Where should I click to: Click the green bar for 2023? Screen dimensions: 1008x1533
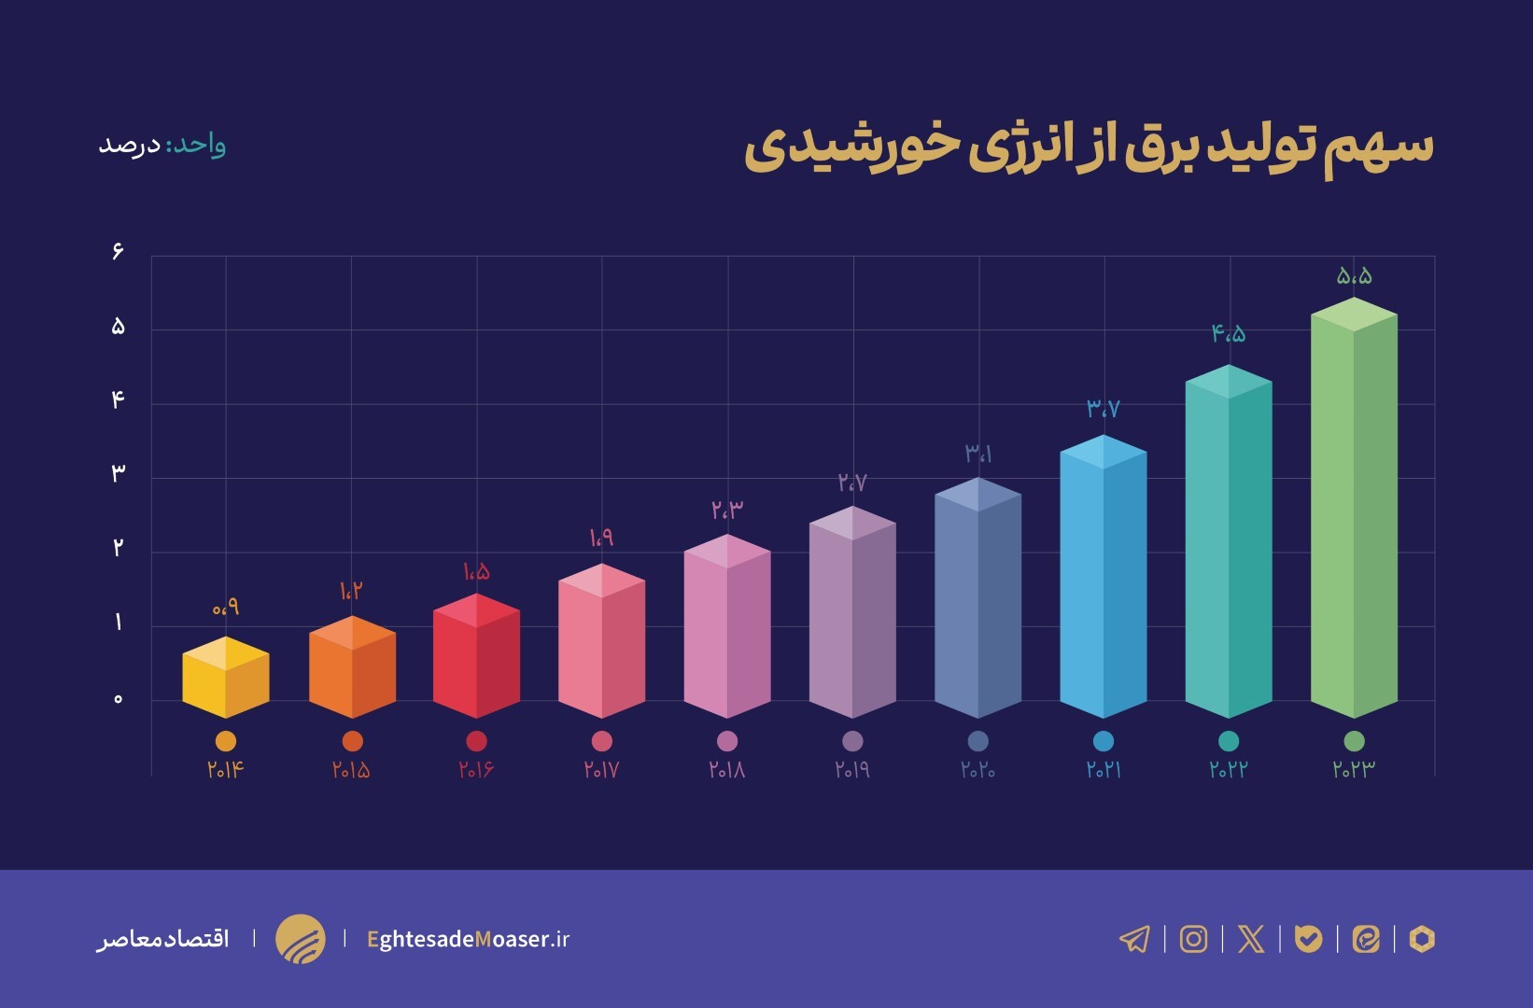pos(1354,513)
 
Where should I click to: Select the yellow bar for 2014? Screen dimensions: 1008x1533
pos(226,679)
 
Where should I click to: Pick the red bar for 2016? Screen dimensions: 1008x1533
pos(476,658)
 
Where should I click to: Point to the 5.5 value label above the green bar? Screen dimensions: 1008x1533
pos(1354,276)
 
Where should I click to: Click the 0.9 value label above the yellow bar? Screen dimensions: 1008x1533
pos(226,608)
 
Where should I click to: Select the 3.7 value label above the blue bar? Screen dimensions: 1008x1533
pos(1103,408)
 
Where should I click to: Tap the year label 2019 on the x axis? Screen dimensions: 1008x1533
pos(852,770)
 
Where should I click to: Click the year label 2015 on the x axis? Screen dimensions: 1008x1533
pos(351,770)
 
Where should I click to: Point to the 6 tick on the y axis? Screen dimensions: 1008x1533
pos(118,251)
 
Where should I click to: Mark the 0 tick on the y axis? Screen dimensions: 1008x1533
pos(118,699)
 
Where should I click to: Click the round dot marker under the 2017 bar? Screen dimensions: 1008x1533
pos(602,741)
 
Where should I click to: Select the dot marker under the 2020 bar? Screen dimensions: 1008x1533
pos(977,741)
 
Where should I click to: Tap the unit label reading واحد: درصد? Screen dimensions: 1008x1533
pos(162,146)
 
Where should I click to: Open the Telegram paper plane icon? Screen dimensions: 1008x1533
pos(1134,939)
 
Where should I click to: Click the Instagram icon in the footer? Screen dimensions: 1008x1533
pos(1193,939)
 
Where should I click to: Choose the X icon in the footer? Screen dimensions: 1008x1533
pos(1251,939)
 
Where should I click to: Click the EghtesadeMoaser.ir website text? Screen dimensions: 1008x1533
pos(468,939)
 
